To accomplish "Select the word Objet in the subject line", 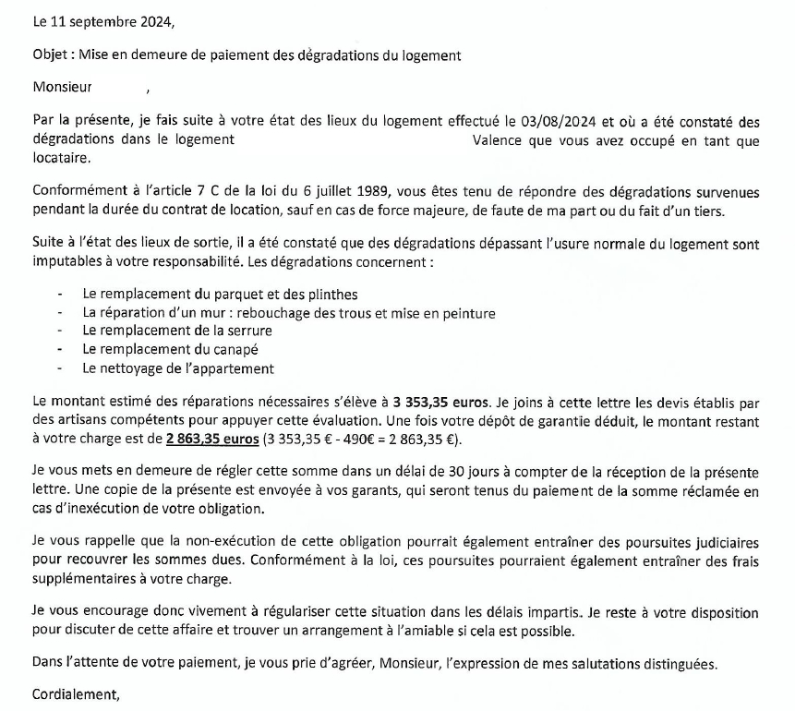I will coord(50,55).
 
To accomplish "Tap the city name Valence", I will coord(499,140).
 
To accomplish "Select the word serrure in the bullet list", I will coord(242,330).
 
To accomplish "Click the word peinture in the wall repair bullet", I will coord(468,312).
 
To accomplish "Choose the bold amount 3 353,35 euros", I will coord(438,403).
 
